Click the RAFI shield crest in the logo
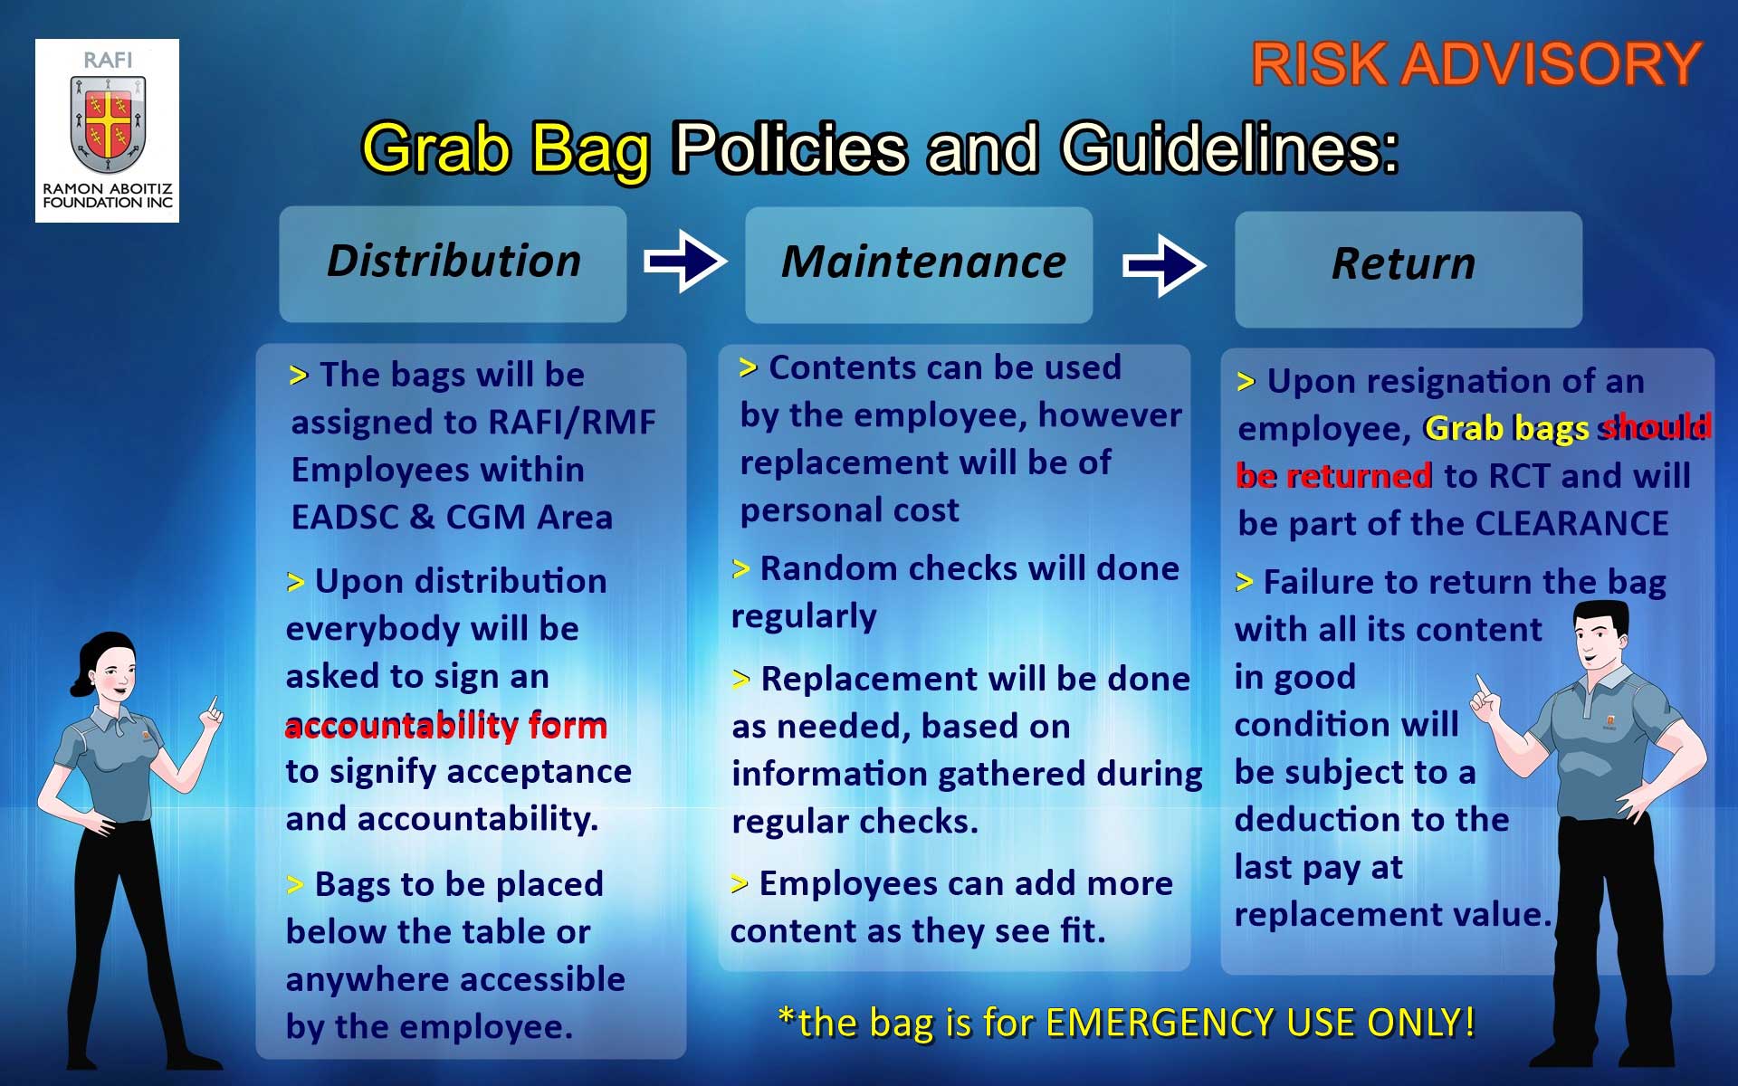click(x=108, y=124)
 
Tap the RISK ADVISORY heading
click(x=1476, y=65)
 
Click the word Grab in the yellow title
click(x=435, y=148)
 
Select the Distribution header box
click(x=453, y=263)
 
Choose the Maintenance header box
click(x=919, y=264)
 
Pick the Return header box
click(x=1409, y=269)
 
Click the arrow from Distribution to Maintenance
click(x=685, y=262)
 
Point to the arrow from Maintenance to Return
click(x=1164, y=265)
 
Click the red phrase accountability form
click(x=446, y=726)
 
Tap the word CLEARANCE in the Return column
click(x=1571, y=523)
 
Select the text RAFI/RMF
click(x=571, y=422)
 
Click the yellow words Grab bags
click(x=1507, y=428)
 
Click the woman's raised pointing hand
click(x=212, y=713)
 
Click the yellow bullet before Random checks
click(x=740, y=569)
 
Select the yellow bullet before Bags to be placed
click(x=295, y=884)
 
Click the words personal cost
click(x=849, y=510)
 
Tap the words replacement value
click(x=1393, y=914)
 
